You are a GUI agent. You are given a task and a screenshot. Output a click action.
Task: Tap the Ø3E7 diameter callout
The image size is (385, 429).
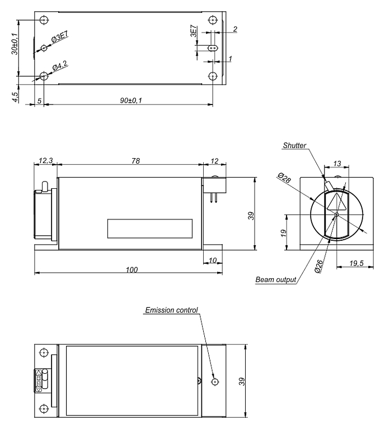point(60,39)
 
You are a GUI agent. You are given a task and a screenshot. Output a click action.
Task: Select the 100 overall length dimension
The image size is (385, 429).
point(132,269)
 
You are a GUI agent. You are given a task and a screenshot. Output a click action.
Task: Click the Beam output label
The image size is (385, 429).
point(275,279)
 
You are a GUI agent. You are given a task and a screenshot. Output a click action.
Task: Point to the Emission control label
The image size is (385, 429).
point(171,310)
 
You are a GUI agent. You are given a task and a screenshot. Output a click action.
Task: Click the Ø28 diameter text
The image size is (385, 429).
point(284,179)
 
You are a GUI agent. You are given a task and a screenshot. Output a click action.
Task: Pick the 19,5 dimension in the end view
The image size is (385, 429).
point(355,263)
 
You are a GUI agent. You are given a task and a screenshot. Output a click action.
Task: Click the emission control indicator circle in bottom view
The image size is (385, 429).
point(215,382)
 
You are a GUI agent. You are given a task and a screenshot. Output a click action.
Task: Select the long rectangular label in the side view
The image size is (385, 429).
point(149,228)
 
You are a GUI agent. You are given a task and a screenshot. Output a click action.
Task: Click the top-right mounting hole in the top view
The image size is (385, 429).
point(212,20)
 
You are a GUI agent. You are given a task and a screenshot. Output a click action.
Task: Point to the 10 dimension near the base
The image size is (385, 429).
point(213,260)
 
